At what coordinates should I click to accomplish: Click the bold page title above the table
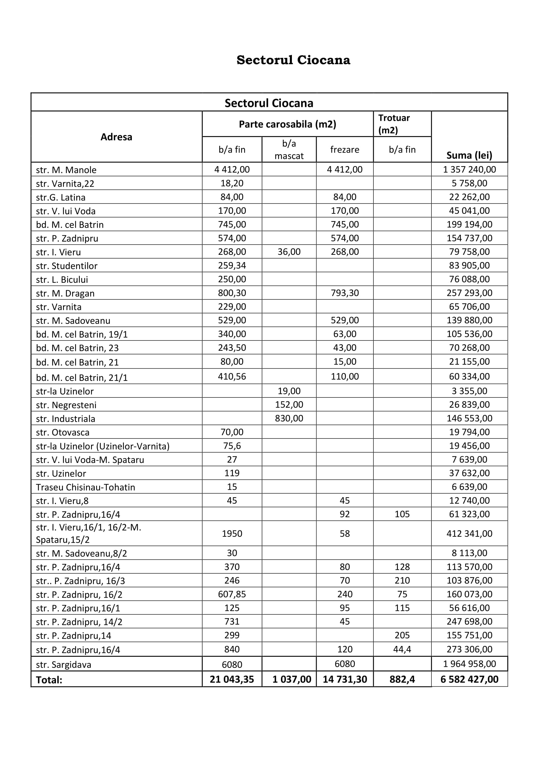(x=293, y=60)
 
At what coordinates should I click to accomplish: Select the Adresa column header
(x=116, y=137)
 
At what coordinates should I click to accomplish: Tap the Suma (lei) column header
(x=469, y=155)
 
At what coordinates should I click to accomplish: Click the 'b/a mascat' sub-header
(x=289, y=150)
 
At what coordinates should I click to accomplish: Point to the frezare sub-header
(x=345, y=150)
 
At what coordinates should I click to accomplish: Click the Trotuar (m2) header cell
(x=394, y=124)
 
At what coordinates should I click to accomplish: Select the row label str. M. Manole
(x=66, y=169)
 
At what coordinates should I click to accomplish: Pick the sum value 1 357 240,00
(x=469, y=169)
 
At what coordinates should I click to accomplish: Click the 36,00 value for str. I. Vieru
(x=289, y=252)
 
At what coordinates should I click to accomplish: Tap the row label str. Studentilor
(x=67, y=266)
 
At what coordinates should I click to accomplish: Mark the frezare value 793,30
(x=345, y=293)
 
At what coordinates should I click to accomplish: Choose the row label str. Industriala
(x=66, y=419)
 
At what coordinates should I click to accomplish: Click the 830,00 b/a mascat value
(x=289, y=418)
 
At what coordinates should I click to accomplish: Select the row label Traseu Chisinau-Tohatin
(x=85, y=487)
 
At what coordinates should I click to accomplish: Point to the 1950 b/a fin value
(x=232, y=534)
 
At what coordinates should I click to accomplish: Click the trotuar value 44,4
(x=402, y=649)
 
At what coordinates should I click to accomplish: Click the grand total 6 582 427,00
(x=469, y=679)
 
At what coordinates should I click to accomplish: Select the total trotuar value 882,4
(x=402, y=679)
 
